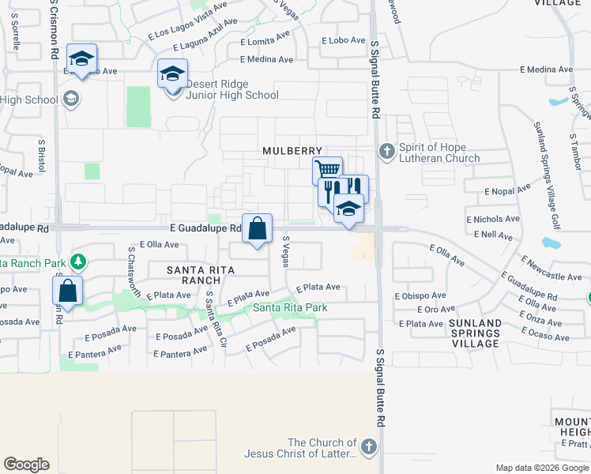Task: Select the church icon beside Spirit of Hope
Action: [386, 149]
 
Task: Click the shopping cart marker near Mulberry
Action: [327, 171]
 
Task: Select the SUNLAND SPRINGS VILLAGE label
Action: [474, 333]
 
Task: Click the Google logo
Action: [26, 465]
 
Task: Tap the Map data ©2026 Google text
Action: [541, 468]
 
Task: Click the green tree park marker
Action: [78, 260]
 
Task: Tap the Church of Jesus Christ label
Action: [324, 448]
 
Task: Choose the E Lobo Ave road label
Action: [344, 40]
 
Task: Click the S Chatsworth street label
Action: [134, 271]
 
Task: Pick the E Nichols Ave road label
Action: [493, 219]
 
